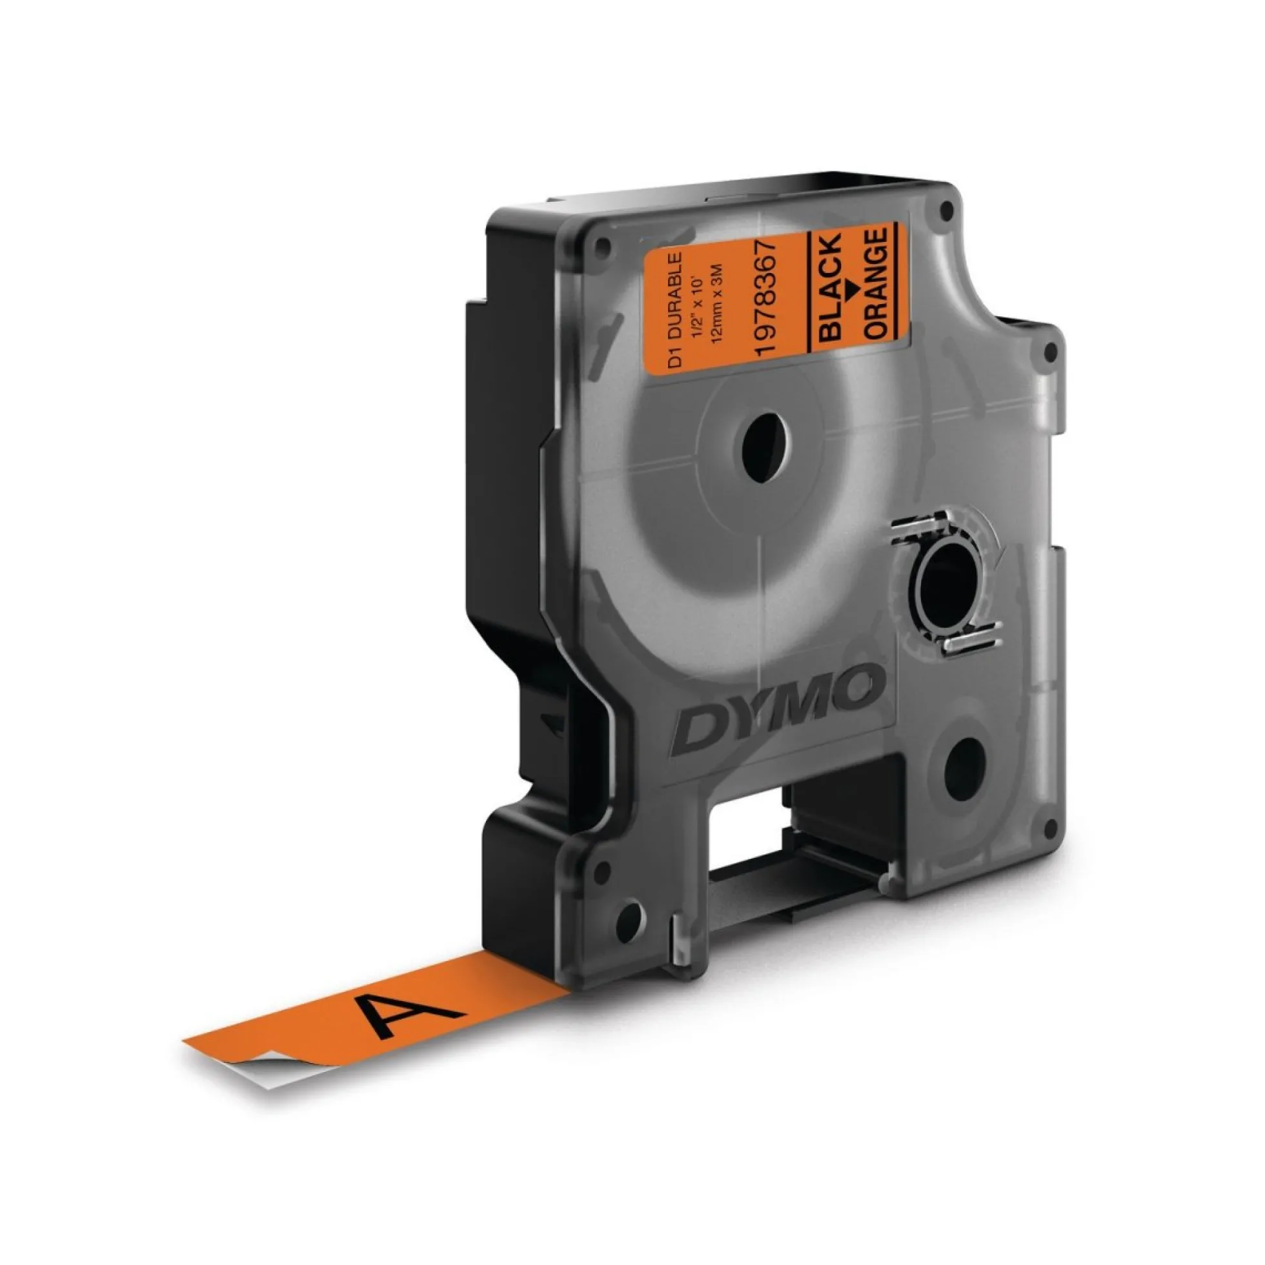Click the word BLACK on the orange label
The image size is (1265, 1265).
coord(830,288)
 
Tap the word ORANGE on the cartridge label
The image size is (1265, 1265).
coord(876,282)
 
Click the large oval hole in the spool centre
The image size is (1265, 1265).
coord(767,448)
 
